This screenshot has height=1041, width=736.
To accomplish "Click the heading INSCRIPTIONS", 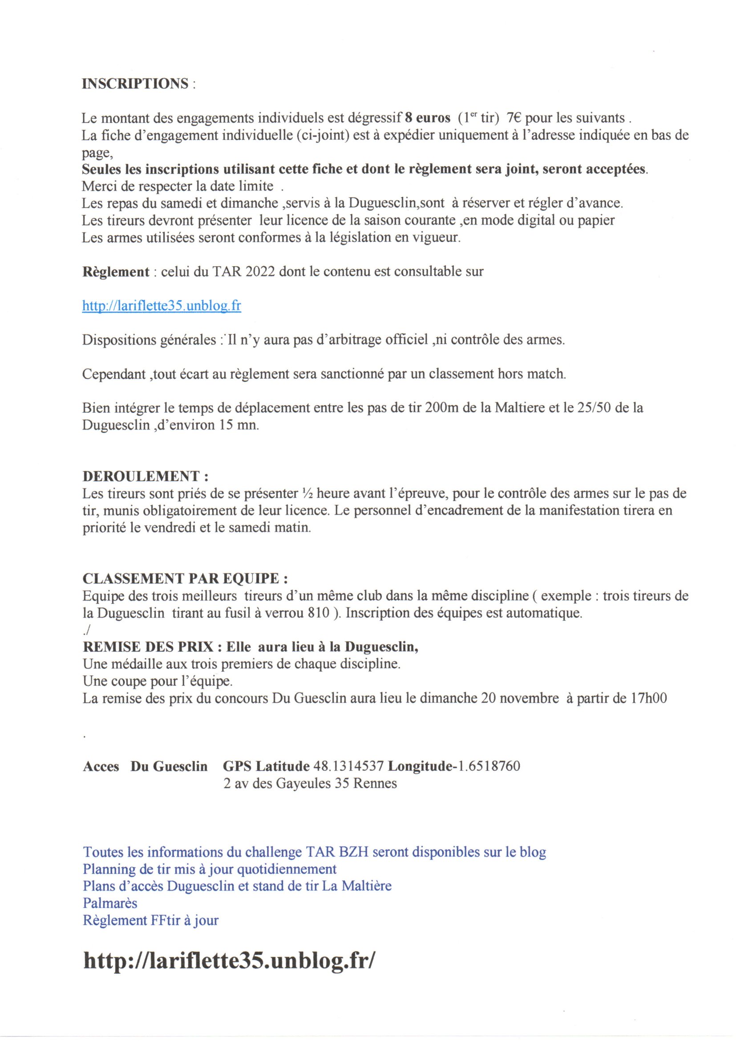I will tap(135, 84).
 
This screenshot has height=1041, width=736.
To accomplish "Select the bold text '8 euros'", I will tap(427, 118).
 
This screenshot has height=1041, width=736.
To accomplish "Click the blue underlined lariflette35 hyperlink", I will tap(162, 305).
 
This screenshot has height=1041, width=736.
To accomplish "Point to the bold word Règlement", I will tap(116, 272).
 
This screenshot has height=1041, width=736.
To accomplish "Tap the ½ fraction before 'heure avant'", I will tap(306, 493).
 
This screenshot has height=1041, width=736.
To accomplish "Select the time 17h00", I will tap(648, 698).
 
